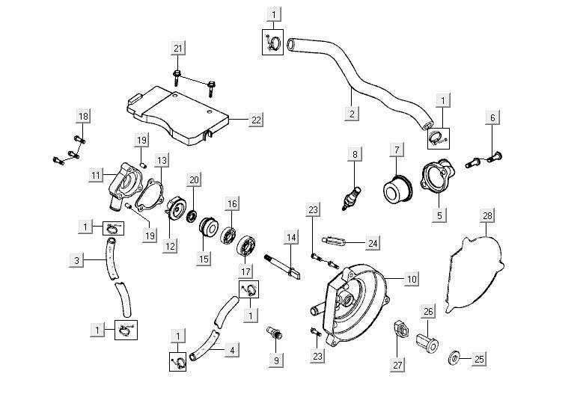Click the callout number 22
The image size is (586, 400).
click(256, 120)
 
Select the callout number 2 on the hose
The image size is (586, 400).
click(352, 114)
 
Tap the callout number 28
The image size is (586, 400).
click(487, 216)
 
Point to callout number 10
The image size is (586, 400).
click(411, 278)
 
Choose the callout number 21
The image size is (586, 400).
click(178, 49)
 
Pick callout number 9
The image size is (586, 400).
click(276, 360)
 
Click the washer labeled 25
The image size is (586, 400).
click(454, 360)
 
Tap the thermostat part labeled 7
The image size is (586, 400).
click(398, 185)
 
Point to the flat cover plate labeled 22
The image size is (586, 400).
click(180, 112)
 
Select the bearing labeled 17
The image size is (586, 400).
click(248, 247)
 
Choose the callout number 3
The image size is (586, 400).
click(76, 260)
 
